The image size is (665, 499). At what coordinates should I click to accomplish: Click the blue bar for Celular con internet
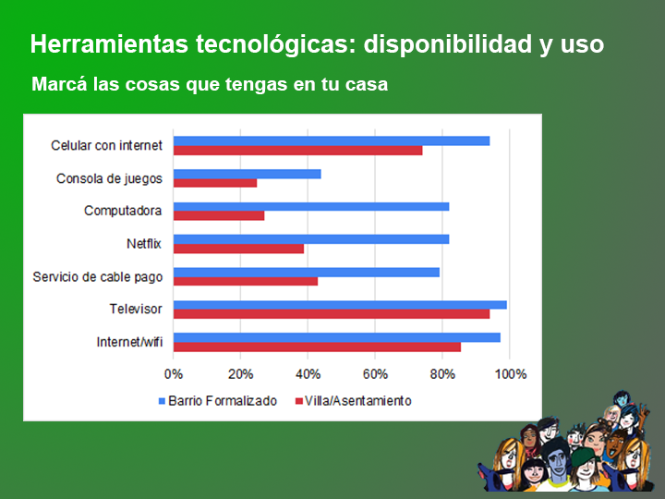coord(332,140)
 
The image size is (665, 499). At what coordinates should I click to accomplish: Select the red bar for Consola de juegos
coord(215,183)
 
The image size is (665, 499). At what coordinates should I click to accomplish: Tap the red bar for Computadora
coord(219,215)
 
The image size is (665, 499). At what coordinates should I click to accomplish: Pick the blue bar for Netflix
coord(311,239)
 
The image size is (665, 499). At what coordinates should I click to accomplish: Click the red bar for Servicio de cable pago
coord(246,281)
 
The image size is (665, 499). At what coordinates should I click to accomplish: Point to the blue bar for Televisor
coord(340,305)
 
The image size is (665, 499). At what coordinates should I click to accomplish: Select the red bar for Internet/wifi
coord(317,347)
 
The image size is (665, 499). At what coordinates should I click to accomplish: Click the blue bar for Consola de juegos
coord(248,174)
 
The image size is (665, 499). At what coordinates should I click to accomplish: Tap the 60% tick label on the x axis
coord(375,374)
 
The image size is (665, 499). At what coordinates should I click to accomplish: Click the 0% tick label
coord(174,374)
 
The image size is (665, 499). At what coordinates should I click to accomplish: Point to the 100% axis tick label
coord(511,374)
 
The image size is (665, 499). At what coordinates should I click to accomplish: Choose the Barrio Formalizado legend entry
coord(218,401)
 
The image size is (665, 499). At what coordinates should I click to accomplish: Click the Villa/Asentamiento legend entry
coord(353,401)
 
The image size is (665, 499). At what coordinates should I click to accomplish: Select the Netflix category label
coord(144,244)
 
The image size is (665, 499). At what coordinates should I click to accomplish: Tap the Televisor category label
coord(136,309)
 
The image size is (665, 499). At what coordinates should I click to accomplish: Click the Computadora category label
coord(123,211)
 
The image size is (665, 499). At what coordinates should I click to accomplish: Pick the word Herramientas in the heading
coord(109,44)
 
